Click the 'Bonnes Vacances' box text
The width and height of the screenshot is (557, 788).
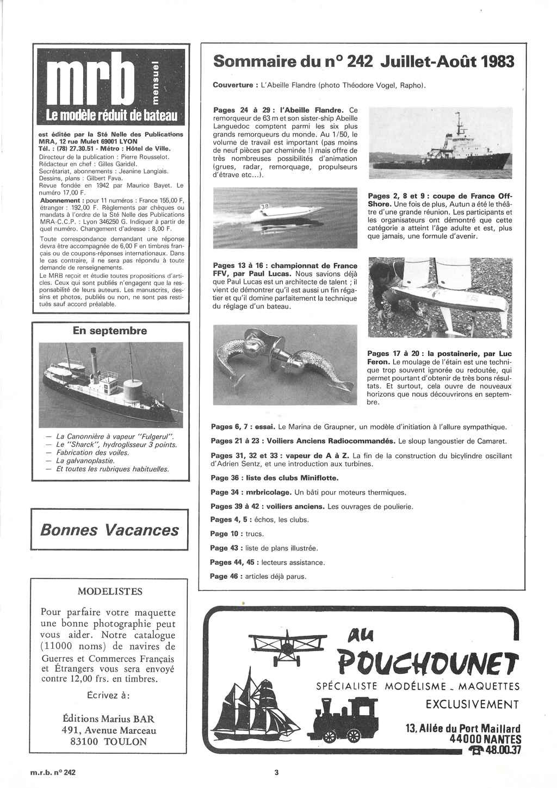[x=110, y=530]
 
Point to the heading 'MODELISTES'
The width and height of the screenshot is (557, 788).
[x=110, y=591]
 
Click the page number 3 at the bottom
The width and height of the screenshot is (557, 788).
[x=276, y=770]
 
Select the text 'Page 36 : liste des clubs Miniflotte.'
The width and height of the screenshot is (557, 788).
[x=274, y=478]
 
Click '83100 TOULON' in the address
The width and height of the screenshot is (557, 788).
[x=110, y=741]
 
